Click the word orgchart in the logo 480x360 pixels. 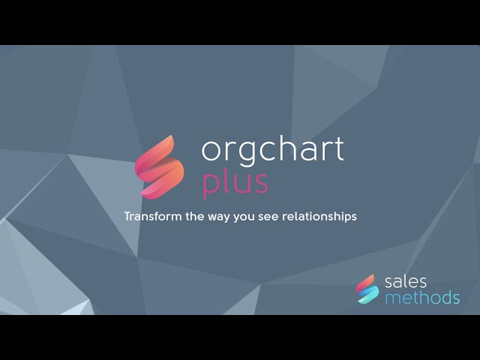pos(272,150)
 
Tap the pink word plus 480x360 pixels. pos(235,182)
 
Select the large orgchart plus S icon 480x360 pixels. pos(159,167)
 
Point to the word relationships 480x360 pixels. pos(319,216)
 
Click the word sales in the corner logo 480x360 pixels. pos(405,282)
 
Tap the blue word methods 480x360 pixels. pos(421,298)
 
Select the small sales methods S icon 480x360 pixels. pos(367,289)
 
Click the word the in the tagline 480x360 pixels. pos(193,216)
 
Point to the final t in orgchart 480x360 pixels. pos(338,149)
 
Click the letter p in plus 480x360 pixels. pos(211,184)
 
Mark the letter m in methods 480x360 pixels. pos(392,298)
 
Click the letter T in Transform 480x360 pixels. pos(127,216)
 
